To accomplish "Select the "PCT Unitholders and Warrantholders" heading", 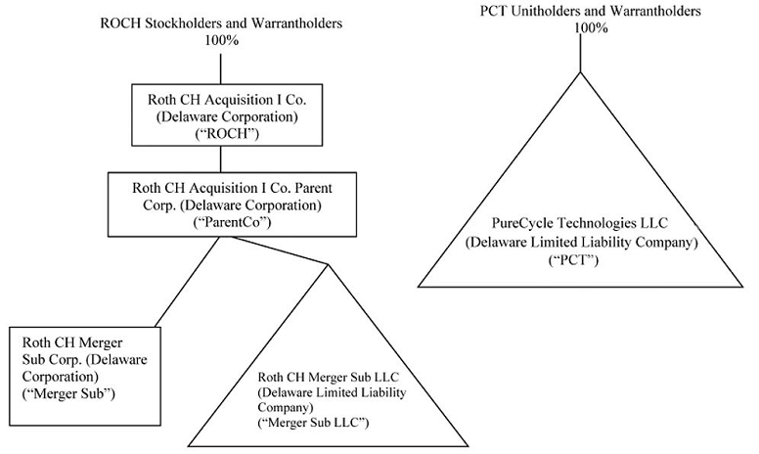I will point(581,11).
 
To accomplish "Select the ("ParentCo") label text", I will point(220,222).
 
